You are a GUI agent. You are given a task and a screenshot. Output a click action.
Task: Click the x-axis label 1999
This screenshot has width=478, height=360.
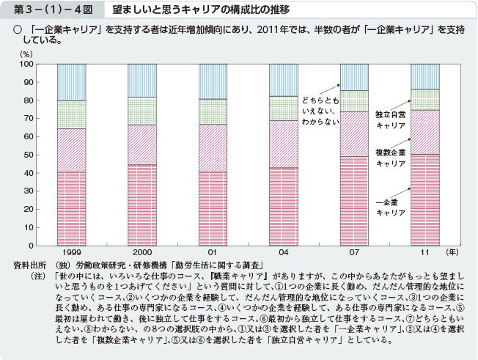pyautogui.click(x=72, y=251)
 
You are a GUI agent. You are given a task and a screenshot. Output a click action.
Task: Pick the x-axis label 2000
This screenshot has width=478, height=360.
pyautogui.click(x=142, y=251)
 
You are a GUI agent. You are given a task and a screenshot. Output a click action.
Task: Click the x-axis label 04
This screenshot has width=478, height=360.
pyautogui.click(x=283, y=251)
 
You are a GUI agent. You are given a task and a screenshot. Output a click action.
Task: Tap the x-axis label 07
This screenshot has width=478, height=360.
pyautogui.click(x=354, y=251)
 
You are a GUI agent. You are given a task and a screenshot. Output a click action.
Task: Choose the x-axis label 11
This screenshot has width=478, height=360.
pyautogui.click(x=424, y=251)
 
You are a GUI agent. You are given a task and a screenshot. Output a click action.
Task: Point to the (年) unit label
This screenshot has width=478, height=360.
pyautogui.click(x=453, y=251)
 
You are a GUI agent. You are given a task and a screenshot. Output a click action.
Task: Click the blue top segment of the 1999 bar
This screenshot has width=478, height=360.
pyautogui.click(x=72, y=82)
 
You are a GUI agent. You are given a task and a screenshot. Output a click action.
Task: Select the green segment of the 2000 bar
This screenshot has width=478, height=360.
pyautogui.click(x=142, y=111)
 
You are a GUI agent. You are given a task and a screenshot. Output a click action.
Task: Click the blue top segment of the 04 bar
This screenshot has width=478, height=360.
pyautogui.click(x=283, y=80)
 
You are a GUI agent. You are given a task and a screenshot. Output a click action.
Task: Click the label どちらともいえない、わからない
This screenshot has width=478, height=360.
pyautogui.click(x=320, y=110)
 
